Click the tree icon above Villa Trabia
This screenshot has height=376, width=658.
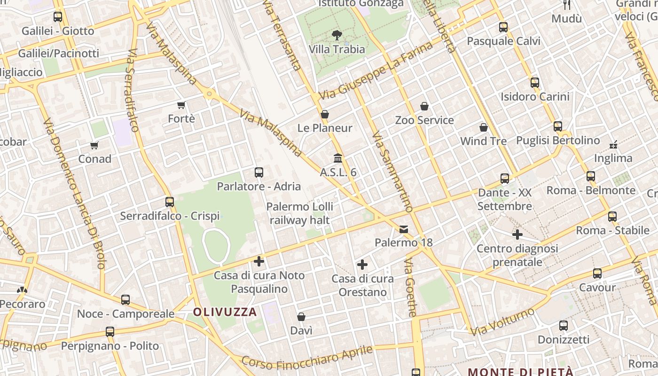pos(337,34)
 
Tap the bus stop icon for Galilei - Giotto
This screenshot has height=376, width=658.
pos(58,17)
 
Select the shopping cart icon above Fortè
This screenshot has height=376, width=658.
pos(181,105)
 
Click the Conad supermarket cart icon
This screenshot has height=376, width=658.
pos(94,145)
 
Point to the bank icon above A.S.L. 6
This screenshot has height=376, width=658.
pos(338,158)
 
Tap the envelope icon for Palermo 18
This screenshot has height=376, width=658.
pos(404,229)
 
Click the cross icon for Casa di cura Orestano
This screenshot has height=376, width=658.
pos(362,265)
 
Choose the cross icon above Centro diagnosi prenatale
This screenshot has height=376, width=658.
pos(517,234)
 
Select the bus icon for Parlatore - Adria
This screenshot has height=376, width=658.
pos(258,172)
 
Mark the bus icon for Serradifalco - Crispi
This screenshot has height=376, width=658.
pos(170,202)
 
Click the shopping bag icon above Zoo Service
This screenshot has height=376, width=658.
pos(424,106)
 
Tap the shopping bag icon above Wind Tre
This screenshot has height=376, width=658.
pos(483,127)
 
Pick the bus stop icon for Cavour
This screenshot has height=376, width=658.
pos(597,274)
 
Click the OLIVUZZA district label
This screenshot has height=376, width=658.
pos(225,312)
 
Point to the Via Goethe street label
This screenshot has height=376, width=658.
pos(411,287)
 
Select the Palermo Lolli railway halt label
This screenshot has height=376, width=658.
pos(300,213)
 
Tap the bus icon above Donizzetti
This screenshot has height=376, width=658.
pos(563,325)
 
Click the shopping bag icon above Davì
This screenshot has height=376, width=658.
pos(301,317)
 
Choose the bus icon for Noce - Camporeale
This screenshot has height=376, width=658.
pos(125,300)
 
